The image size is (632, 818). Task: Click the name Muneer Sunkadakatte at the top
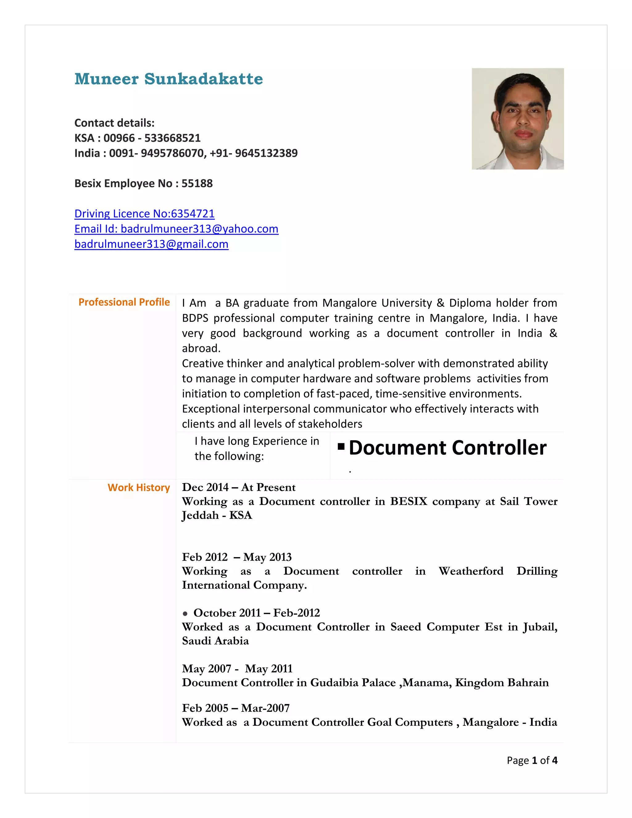click(168, 79)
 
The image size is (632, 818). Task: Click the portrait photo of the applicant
click(518, 119)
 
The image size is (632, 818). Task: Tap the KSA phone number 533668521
click(172, 138)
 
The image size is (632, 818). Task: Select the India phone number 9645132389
click(266, 153)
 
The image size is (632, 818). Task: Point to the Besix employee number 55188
click(197, 184)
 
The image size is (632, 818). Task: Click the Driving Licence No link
click(144, 214)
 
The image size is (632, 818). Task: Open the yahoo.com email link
click(176, 229)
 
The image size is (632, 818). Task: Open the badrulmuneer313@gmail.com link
click(151, 244)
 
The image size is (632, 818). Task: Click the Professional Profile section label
click(124, 302)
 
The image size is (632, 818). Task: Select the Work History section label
click(139, 488)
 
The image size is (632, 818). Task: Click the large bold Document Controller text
click(447, 448)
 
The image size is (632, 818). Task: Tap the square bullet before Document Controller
click(341, 446)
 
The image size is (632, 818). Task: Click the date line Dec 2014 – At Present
click(239, 487)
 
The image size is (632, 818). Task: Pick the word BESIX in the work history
click(409, 502)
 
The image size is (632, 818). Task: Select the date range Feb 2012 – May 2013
click(237, 557)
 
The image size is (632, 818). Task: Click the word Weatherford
click(471, 571)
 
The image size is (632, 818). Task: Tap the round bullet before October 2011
click(185, 614)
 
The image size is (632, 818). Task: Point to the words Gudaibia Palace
click(353, 683)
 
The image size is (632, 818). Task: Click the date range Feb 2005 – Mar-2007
click(236, 708)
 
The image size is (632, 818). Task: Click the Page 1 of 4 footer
click(532, 760)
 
